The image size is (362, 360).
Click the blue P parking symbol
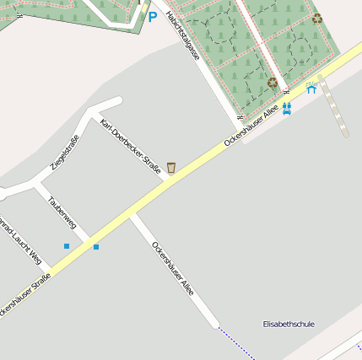(153, 16)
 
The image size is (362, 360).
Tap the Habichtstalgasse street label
(183, 36)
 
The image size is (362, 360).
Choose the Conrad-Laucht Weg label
(19, 243)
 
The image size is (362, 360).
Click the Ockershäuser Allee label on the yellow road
(251, 126)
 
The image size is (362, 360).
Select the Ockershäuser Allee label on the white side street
(173, 268)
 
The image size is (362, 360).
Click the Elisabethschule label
(289, 324)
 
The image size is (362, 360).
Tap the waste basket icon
(171, 168)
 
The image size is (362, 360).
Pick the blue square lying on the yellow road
(96, 247)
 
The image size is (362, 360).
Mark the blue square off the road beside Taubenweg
(67, 246)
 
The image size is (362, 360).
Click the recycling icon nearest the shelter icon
(273, 83)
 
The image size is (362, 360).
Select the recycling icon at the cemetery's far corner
(316, 18)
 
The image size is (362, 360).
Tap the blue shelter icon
(311, 87)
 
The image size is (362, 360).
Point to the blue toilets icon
(287, 108)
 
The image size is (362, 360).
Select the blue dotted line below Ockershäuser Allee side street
(236, 342)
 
